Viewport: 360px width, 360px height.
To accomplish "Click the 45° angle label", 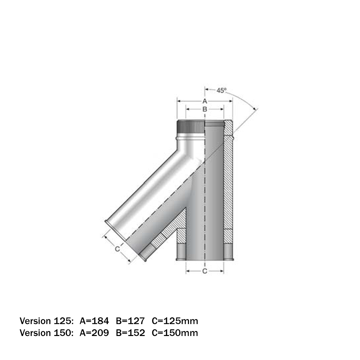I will (222, 90).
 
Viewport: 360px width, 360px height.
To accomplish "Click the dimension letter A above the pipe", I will (205, 101).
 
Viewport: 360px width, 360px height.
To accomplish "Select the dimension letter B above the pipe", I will (205, 109).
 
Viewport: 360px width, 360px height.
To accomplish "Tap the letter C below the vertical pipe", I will (205, 271).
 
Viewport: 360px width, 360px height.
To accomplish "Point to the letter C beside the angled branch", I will (117, 249).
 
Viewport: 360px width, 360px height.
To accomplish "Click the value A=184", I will (94, 321).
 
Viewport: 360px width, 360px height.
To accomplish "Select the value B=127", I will (130, 321).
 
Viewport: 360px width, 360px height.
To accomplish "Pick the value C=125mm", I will (175, 321).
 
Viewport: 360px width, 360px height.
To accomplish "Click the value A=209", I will (94, 333).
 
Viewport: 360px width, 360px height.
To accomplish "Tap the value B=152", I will (130, 333).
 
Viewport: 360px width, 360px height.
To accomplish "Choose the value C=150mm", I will (175, 333).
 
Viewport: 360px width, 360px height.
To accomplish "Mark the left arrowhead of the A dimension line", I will (179, 101).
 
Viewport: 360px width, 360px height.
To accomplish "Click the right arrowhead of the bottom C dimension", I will (222, 271).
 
